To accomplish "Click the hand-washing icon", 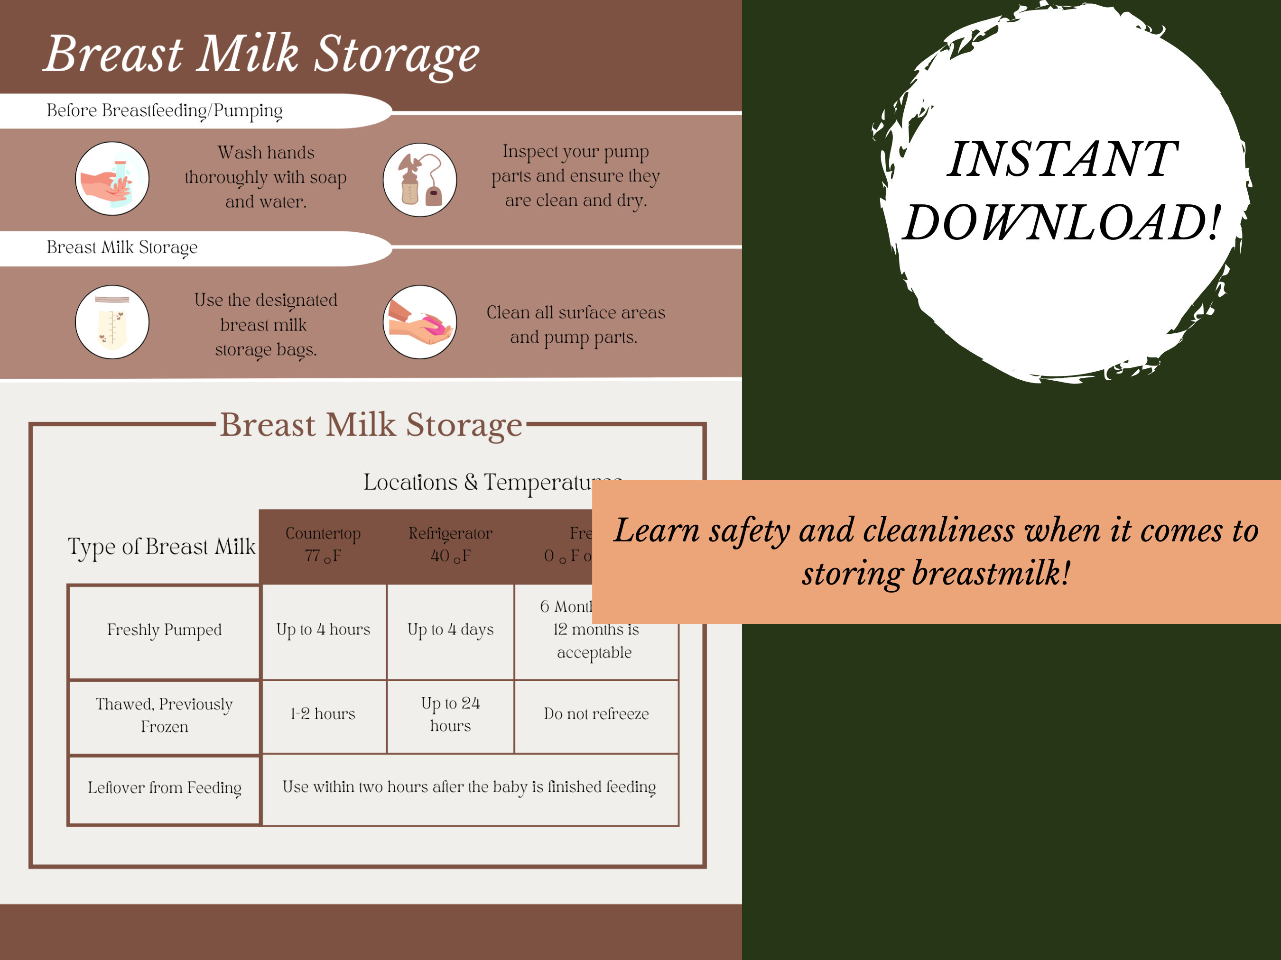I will [112, 179].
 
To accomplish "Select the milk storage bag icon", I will [112, 322].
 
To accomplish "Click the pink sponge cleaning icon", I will [420, 322].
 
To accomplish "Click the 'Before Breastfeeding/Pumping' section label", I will [165, 110].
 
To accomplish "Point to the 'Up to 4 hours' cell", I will [323, 630].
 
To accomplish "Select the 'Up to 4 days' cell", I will [451, 630].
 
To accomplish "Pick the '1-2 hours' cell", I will [323, 714].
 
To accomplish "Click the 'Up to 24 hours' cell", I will [451, 714].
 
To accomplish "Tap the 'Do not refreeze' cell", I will [596, 714].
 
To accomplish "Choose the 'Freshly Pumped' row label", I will [165, 630].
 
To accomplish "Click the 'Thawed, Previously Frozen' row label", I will [165, 715].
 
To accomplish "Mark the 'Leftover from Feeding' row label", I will [165, 787].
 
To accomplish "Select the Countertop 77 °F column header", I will [323, 545].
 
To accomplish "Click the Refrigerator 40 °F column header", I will [451, 545].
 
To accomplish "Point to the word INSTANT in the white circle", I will [1063, 159].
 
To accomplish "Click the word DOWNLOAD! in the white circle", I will [1063, 223].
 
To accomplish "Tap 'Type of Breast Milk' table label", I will [162, 547].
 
